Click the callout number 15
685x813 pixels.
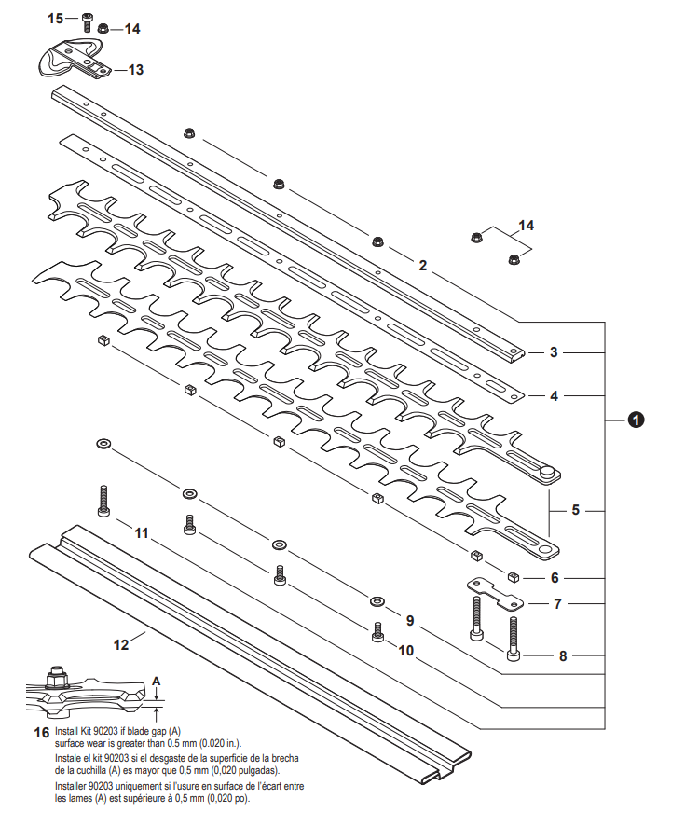click(x=56, y=18)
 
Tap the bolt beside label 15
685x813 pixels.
click(x=87, y=21)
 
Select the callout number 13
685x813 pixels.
click(x=136, y=69)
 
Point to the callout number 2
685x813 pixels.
click(x=422, y=265)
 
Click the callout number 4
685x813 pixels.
click(x=554, y=395)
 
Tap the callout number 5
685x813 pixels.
click(x=575, y=510)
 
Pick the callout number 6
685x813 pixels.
click(x=554, y=578)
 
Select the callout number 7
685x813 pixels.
click(x=557, y=603)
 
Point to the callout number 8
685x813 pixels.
click(x=562, y=655)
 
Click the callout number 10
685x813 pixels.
click(x=405, y=650)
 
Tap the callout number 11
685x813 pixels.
click(x=141, y=533)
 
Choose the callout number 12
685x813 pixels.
click(x=121, y=643)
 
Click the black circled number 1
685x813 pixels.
click(x=636, y=420)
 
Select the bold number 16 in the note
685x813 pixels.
click(x=41, y=733)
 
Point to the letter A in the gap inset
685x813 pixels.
click(x=157, y=681)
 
